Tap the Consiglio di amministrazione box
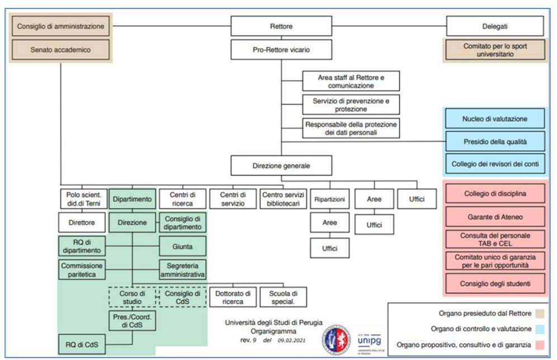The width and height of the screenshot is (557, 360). (x=60, y=26)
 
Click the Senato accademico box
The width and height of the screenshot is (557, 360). (x=60, y=50)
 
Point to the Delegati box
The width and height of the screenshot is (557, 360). (x=494, y=26)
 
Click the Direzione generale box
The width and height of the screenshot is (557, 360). (x=281, y=165)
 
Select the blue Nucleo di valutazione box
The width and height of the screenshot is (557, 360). (x=494, y=119)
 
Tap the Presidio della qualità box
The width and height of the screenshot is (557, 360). (x=494, y=141)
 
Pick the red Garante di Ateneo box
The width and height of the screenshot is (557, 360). (x=494, y=216)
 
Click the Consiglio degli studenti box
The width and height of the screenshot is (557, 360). (x=494, y=283)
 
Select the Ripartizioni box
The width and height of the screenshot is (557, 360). (x=329, y=198)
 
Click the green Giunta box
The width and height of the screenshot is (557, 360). (x=182, y=246)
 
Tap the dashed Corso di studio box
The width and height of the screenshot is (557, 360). (x=132, y=297)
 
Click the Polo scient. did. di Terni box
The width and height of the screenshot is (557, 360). (x=82, y=198)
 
